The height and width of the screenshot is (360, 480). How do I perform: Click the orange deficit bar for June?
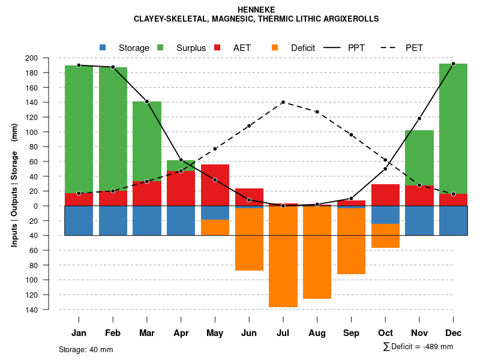pos(249,240)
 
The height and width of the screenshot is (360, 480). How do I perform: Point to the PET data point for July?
pos(283,102)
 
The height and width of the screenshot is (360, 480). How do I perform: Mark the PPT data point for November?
pos(419,119)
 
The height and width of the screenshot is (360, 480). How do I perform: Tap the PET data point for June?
pos(249,126)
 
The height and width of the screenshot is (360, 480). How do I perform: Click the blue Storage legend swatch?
pos(103,47)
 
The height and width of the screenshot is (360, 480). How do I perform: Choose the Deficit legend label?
pos(303,48)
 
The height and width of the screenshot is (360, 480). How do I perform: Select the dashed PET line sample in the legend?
pos(390,47)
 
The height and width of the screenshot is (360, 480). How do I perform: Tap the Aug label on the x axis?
pos(317,333)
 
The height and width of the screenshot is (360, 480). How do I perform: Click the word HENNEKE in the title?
pos(256,10)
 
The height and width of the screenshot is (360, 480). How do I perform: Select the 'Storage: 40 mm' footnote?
pos(86,349)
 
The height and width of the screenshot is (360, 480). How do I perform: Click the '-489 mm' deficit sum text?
pos(437,347)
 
